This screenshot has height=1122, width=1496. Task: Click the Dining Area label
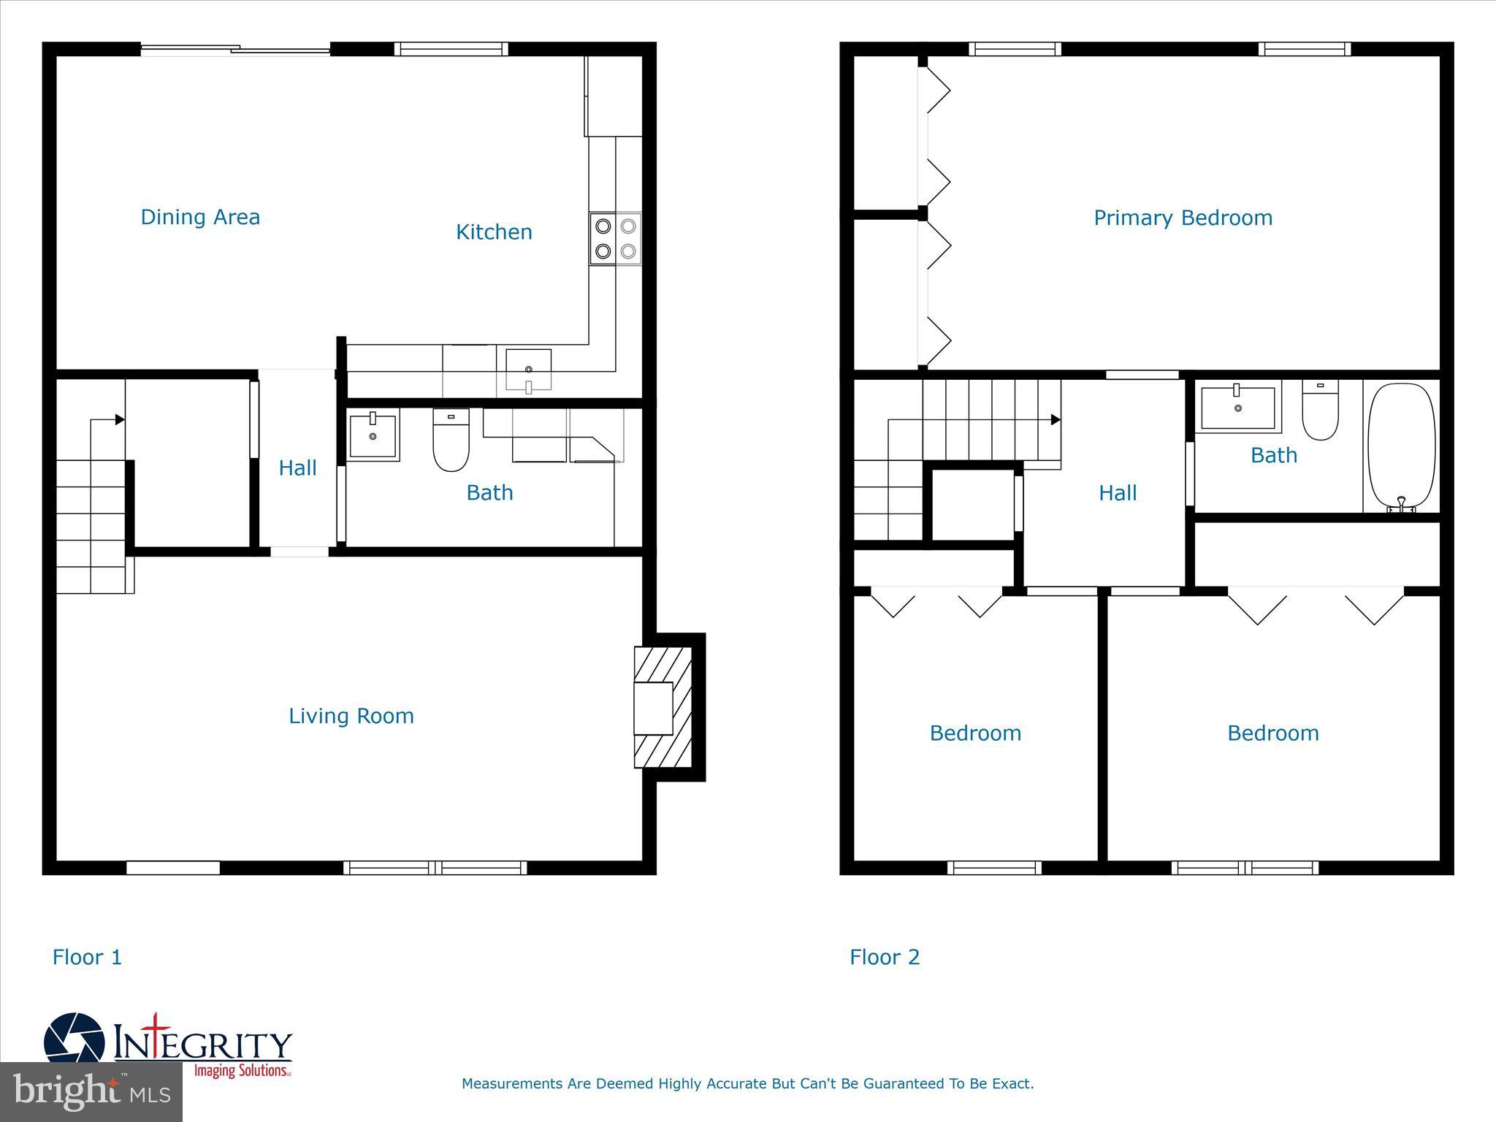pyautogui.click(x=200, y=217)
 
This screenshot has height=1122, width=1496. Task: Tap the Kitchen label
pyautogui.click(x=494, y=232)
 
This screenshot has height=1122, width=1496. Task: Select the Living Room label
pyautogui.click(x=351, y=716)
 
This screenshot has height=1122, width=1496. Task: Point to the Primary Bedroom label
pyautogui.click(x=1183, y=218)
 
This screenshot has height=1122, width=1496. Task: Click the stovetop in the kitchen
pyautogui.click(x=615, y=239)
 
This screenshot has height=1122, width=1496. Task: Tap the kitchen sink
pyautogui.click(x=528, y=370)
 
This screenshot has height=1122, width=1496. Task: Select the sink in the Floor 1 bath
pyautogui.click(x=373, y=436)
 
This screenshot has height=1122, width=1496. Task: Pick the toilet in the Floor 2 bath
pyautogui.click(x=1320, y=411)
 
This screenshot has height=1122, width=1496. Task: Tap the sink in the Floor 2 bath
pyautogui.click(x=1238, y=408)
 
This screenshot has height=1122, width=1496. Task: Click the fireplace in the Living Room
pyautogui.click(x=662, y=707)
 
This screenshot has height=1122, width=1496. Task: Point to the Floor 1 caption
pyautogui.click(x=87, y=957)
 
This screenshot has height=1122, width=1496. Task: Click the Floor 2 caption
pyautogui.click(x=885, y=957)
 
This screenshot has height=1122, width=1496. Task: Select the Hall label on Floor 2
pyautogui.click(x=1118, y=493)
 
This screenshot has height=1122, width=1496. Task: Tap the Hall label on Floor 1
pyautogui.click(x=297, y=468)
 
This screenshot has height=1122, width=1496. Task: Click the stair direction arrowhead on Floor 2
pyautogui.click(x=1056, y=420)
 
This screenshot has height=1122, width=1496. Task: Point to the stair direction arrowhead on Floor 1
pyautogui.click(x=120, y=420)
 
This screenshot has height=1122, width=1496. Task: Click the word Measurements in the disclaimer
pyautogui.click(x=513, y=1083)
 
